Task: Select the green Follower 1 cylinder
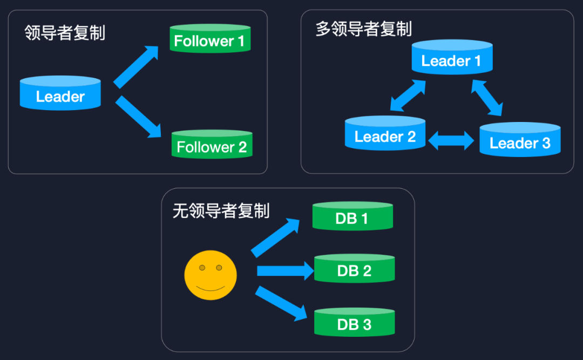click(209, 39)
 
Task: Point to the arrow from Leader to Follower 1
click(135, 67)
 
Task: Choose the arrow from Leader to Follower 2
click(138, 117)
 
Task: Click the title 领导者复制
click(65, 33)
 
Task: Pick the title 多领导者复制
click(363, 29)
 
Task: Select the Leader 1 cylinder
click(452, 58)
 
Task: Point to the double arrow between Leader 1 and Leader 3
click(487, 98)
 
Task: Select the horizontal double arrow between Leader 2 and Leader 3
click(451, 140)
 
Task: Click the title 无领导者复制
click(221, 210)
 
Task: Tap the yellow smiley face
click(211, 275)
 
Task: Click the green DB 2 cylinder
click(354, 268)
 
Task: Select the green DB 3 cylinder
click(354, 322)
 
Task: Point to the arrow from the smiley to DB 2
click(285, 270)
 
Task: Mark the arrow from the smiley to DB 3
click(281, 303)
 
